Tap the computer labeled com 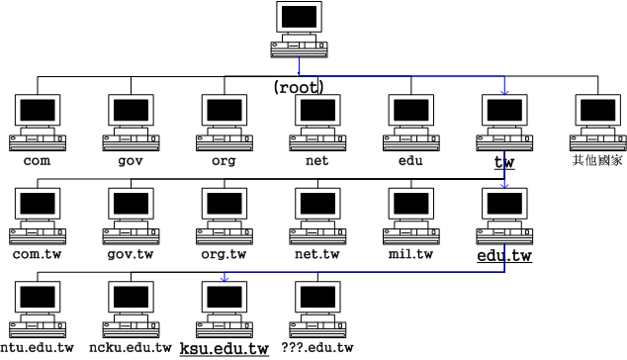point(37,121)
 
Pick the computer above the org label point(224,121)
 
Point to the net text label point(317,160)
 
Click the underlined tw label point(505,160)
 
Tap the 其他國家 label point(598,159)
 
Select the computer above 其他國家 point(598,121)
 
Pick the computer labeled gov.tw point(131,215)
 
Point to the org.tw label point(224,254)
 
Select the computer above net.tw point(317,215)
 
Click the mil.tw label point(411,254)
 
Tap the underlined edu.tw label point(504,256)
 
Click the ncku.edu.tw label point(131,348)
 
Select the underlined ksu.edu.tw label point(224,348)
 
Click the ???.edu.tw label point(317,348)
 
